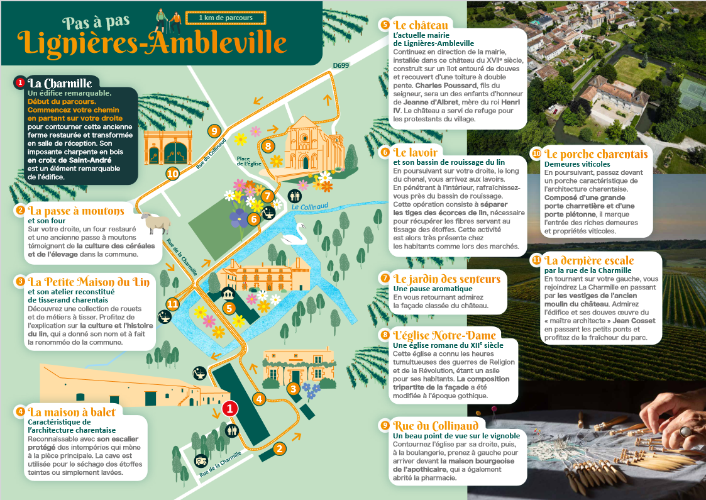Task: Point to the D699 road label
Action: tap(341, 65)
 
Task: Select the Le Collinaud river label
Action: tap(304, 207)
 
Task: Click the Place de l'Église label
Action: tap(248, 161)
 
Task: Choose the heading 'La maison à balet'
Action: tap(72, 412)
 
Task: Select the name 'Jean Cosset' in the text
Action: tap(633, 321)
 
